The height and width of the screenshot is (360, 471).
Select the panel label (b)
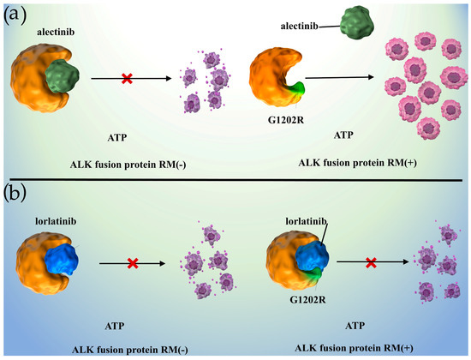[17, 195]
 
